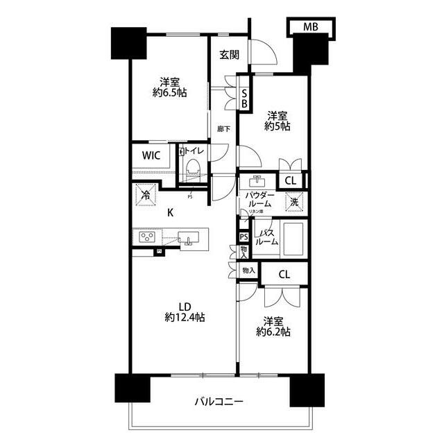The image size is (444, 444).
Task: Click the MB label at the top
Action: tap(309, 27)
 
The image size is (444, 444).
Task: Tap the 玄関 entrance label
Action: tap(230, 55)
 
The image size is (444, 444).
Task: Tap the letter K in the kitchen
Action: tap(170, 214)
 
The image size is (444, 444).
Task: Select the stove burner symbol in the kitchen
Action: tap(148, 238)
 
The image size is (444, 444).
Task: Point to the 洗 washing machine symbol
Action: tap(294, 203)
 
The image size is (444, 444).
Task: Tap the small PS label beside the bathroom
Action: tap(244, 237)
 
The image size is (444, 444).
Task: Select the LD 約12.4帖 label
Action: tap(185, 311)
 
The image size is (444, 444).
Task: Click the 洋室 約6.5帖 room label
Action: tap(169, 87)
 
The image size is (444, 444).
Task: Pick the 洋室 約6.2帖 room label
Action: tap(277, 326)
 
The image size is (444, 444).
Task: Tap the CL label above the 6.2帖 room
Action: tap(284, 274)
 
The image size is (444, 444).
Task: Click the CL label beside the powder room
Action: tap(291, 181)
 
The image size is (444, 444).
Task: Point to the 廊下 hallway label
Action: tap(223, 129)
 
